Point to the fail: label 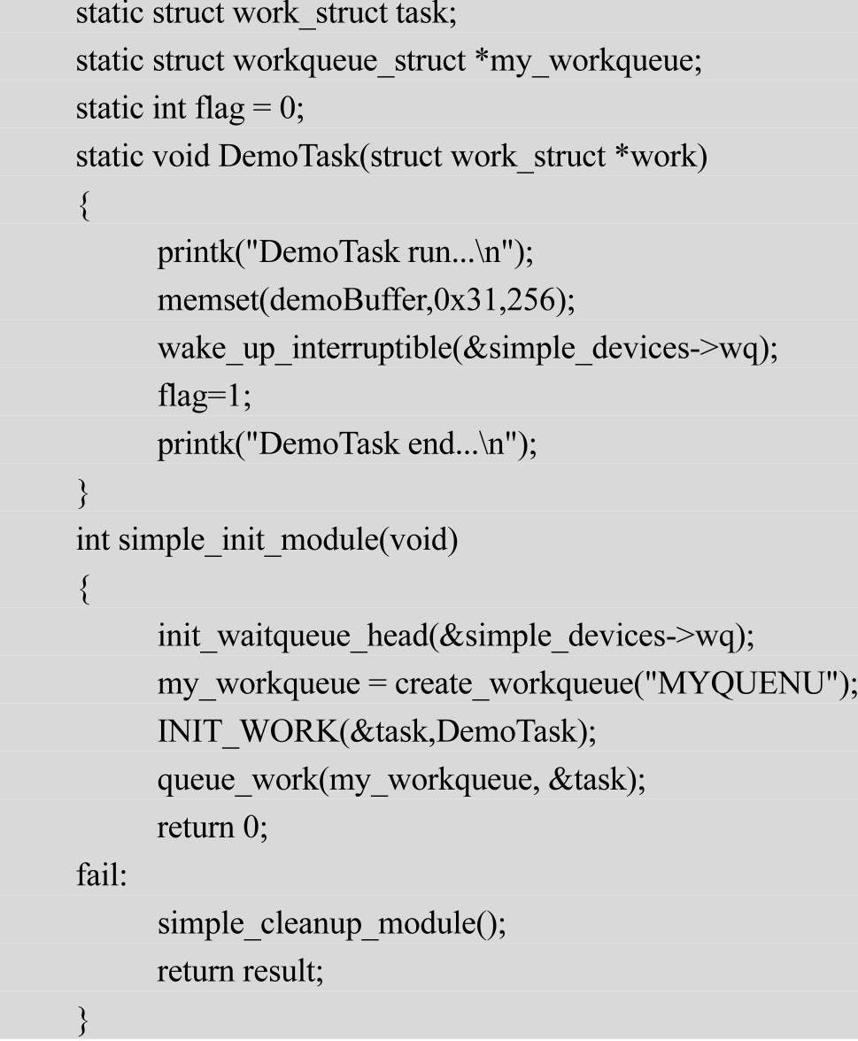coord(102,875)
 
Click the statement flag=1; coord(205,396)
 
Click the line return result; coord(241,971)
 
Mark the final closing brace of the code coord(83,1019)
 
